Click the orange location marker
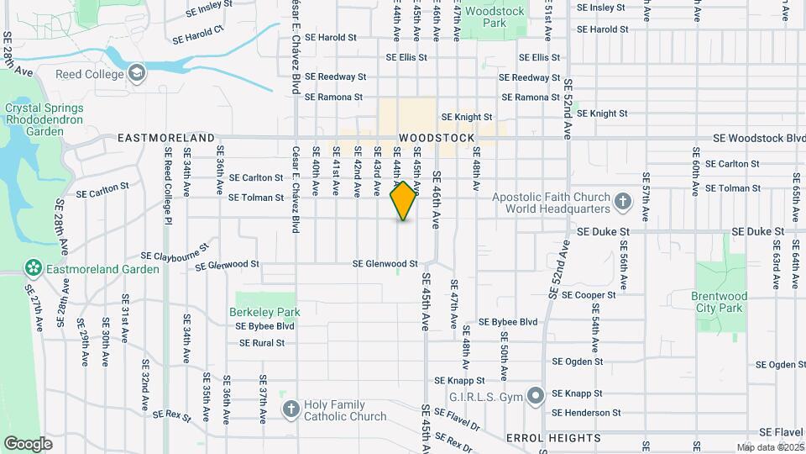tap(404, 201)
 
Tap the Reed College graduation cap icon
tap(136, 74)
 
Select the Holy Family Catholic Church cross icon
tap(290, 409)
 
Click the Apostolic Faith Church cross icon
tap(622, 201)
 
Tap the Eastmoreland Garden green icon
tap(34, 269)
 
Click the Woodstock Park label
tap(495, 17)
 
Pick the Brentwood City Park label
tap(719, 302)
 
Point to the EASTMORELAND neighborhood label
tap(166, 137)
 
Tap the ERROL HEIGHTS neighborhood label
tap(553, 438)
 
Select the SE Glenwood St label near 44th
tap(385, 263)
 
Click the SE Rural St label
tap(262, 343)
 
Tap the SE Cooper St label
tap(589, 295)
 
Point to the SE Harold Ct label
tap(198, 35)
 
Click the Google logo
tap(28, 443)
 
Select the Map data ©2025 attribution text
tap(768, 447)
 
